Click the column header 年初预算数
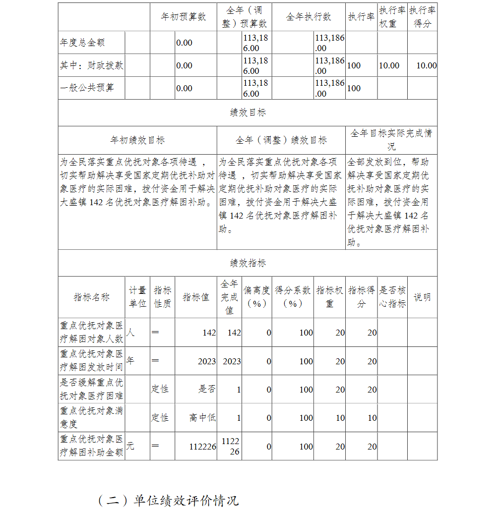click(183, 17)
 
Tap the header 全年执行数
click(308, 17)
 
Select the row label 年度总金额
click(82, 43)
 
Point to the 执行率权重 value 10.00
click(389, 65)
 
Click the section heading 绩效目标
click(248, 113)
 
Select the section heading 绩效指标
click(248, 263)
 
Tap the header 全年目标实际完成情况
click(391, 140)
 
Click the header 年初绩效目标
click(137, 140)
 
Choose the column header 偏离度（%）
click(256, 297)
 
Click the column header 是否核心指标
click(392, 297)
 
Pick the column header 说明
click(422, 297)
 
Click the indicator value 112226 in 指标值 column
click(202, 447)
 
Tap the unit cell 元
click(130, 446)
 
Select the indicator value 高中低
click(202, 418)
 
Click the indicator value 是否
click(207, 390)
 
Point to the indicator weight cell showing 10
click(340, 418)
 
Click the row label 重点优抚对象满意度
click(91, 417)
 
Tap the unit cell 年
click(130, 361)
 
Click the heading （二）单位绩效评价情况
click(168, 500)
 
